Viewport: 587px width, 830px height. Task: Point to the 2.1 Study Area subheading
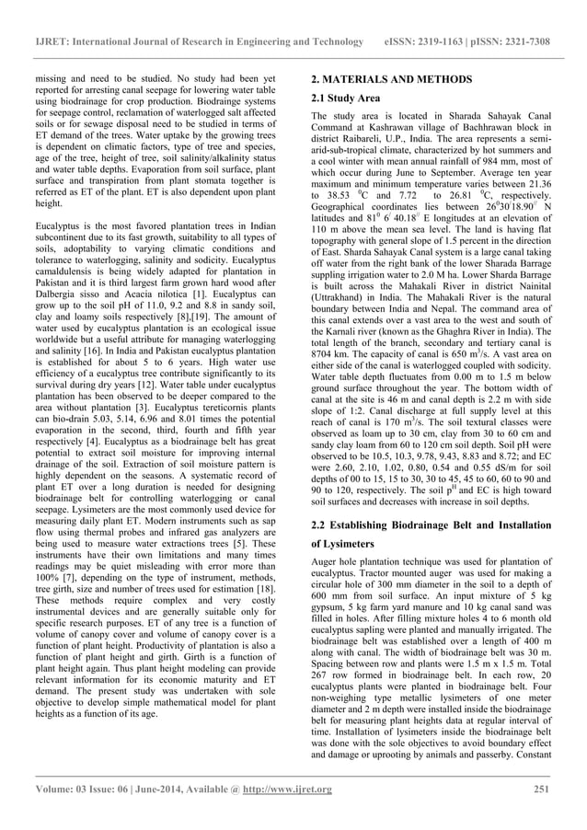click(x=344, y=98)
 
